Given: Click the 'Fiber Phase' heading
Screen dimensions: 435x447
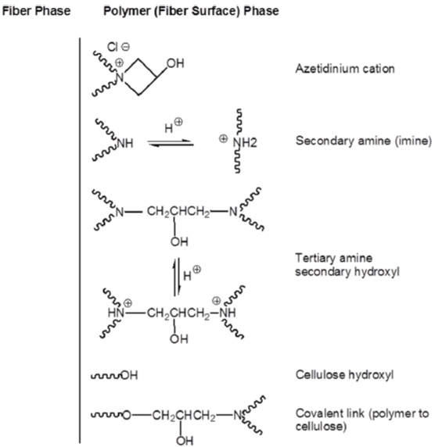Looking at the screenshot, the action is (36, 11).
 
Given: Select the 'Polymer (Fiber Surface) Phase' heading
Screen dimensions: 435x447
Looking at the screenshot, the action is (191, 11).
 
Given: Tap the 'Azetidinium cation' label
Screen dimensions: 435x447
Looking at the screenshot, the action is (345, 69).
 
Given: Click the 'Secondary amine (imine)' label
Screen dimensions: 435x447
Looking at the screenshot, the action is (364, 141).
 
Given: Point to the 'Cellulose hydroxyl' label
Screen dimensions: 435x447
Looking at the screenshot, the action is (344, 374).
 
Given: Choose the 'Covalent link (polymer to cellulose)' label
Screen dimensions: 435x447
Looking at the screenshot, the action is (362, 420).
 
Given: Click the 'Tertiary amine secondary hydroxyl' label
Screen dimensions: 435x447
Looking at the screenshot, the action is (347, 265).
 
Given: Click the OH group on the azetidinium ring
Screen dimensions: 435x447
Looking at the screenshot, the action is (175, 63).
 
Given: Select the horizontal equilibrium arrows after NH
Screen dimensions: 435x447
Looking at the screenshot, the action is (171, 143).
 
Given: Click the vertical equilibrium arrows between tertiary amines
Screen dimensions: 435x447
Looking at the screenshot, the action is (177, 277).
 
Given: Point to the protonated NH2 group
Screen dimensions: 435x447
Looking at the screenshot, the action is (245, 142).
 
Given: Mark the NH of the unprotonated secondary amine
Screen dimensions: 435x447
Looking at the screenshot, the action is (125, 143).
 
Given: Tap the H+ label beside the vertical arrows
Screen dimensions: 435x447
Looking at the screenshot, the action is (192, 273).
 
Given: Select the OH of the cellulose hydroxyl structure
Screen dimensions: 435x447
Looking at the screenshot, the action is (130, 375).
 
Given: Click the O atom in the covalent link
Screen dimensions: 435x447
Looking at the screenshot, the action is (127, 416).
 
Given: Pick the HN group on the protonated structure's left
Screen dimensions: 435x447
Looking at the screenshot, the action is (116, 313).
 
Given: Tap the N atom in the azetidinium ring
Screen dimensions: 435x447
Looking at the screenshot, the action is (120, 77).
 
